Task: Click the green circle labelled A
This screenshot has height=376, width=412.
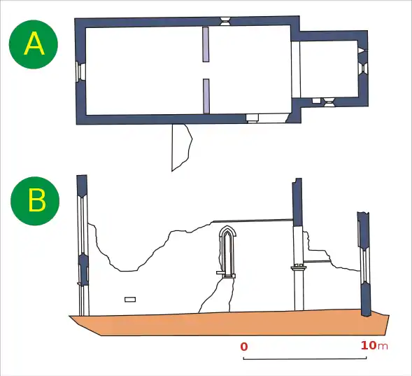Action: pyautogui.click(x=34, y=44)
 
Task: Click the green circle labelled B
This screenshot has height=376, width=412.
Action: pyautogui.click(x=35, y=201)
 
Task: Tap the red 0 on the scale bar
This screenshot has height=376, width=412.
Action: pyautogui.click(x=244, y=347)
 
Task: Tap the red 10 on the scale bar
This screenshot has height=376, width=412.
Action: pyautogui.click(x=369, y=345)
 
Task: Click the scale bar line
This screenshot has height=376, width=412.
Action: pyautogui.click(x=305, y=358)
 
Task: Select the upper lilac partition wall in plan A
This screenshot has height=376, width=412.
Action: pyautogui.click(x=206, y=44)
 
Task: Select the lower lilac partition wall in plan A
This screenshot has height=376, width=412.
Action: pyautogui.click(x=206, y=96)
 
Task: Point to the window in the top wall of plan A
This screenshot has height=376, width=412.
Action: pyautogui.click(x=225, y=21)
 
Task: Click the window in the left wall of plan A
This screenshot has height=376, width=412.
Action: pyautogui.click(x=80, y=72)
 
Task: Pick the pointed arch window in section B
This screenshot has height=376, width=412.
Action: pyautogui.click(x=227, y=251)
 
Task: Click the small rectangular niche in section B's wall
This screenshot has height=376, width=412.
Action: pyautogui.click(x=130, y=300)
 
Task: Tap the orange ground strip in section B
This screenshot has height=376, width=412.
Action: pyautogui.click(x=229, y=323)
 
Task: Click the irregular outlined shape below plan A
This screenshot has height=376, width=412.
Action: pyautogui.click(x=181, y=147)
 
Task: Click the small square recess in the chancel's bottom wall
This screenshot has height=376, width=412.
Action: pyautogui.click(x=316, y=101)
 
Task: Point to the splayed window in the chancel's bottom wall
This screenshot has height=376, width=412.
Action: pyautogui.click(x=329, y=102)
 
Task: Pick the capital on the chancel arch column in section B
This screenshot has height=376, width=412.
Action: pyautogui.click(x=299, y=267)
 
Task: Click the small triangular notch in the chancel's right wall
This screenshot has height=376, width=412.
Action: pyautogui.click(x=362, y=50)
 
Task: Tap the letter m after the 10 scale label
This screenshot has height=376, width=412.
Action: pyautogui.click(x=383, y=347)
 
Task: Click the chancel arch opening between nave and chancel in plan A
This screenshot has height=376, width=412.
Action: pyautogui.click(x=296, y=70)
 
